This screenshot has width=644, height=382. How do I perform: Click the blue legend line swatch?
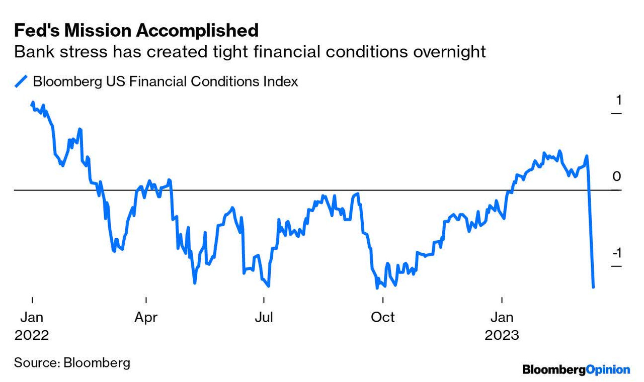tap(21, 81)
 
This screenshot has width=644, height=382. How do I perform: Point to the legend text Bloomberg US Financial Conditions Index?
tap(165, 81)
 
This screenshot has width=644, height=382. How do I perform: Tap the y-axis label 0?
tap(617, 176)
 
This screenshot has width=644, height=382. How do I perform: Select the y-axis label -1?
tap(617, 252)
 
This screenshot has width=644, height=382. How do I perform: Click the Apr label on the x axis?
tap(146, 318)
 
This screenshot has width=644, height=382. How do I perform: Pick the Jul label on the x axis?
tap(264, 318)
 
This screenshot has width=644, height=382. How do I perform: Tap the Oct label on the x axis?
tap(383, 318)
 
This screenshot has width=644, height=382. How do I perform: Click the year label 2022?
tap(32, 335)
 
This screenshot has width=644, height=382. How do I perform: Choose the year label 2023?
tap(502, 335)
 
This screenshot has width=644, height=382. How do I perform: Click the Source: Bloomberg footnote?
tap(72, 362)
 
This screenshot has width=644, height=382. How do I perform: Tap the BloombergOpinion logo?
tap(576, 370)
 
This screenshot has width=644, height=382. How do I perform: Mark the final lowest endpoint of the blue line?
tap(594, 287)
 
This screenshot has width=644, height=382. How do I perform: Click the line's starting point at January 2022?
tap(33, 103)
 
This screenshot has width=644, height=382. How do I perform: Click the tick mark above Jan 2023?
tap(502, 300)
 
